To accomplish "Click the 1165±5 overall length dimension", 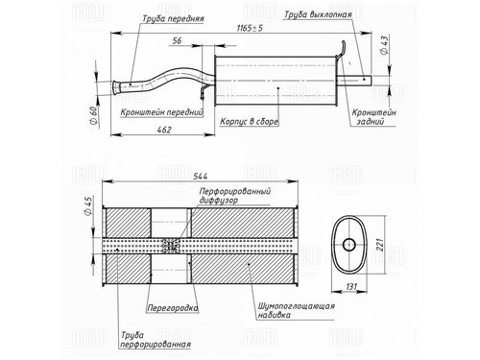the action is click(x=250, y=28).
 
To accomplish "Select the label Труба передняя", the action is click(x=173, y=18).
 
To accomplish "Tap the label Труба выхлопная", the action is click(x=318, y=14).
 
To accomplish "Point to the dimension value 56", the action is click(x=177, y=40).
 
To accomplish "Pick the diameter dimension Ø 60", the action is click(x=93, y=116).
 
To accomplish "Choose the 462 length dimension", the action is click(x=164, y=130).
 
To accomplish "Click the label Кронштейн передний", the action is click(x=162, y=112).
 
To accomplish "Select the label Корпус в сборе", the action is click(x=250, y=122).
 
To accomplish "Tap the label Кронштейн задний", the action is click(x=373, y=117).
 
